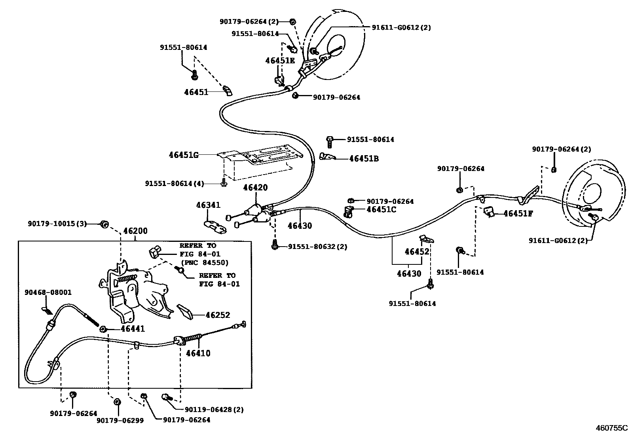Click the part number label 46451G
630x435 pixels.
[184, 155]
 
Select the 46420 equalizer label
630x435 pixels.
[255, 188]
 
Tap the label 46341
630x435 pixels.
[208, 205]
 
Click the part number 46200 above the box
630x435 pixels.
[135, 231]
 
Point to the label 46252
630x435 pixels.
[218, 315]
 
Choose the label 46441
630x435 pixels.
[133, 329]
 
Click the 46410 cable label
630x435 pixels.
[198, 353]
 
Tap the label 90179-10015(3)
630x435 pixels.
[57, 224]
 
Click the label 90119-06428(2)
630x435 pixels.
[214, 410]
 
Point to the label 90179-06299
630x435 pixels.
[120, 420]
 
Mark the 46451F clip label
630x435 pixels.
[518, 214]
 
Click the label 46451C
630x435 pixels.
[381, 209]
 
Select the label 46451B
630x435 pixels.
[364, 159]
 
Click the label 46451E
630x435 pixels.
[280, 61]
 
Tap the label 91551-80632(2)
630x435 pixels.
[317, 247]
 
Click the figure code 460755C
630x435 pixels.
[612, 427]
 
